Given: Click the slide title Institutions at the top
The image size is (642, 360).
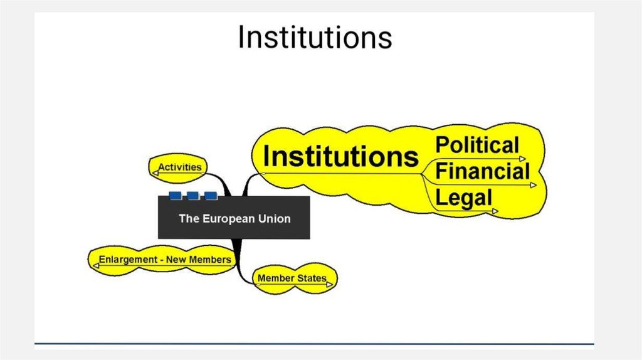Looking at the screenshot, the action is pyautogui.click(x=315, y=38).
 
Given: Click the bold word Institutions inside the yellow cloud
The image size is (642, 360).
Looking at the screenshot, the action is pyautogui.click(x=340, y=156).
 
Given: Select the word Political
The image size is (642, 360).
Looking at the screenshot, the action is pyautogui.click(x=477, y=146).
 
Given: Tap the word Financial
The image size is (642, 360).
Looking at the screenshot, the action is pyautogui.click(x=483, y=171).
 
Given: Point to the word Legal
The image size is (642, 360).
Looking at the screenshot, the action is pyautogui.click(x=463, y=199).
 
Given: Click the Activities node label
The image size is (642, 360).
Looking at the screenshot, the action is pyautogui.click(x=180, y=167).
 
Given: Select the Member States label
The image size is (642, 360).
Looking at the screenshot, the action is pyautogui.click(x=292, y=278).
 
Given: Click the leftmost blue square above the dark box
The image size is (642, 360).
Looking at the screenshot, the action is pyautogui.click(x=175, y=196).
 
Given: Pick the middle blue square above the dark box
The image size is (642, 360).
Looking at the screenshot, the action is pyautogui.click(x=192, y=196).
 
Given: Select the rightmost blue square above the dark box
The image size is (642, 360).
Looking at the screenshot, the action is pyautogui.click(x=210, y=196).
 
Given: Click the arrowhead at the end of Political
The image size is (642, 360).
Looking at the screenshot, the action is pyautogui.click(x=523, y=159).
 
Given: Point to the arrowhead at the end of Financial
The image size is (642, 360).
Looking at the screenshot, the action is pyautogui.click(x=534, y=186).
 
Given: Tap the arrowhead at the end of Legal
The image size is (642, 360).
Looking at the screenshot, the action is pyautogui.click(x=495, y=212).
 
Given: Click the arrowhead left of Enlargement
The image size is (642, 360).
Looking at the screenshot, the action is pyautogui.click(x=95, y=266).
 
